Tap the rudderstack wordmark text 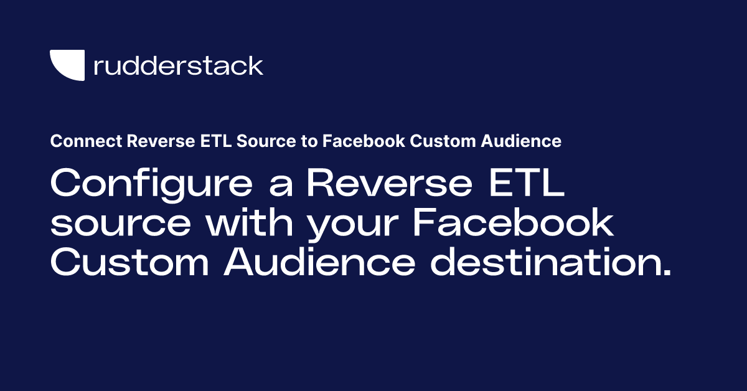[x=178, y=65]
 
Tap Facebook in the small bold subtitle [x=363, y=142]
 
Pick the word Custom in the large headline [x=129, y=262]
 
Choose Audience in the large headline [x=319, y=262]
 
